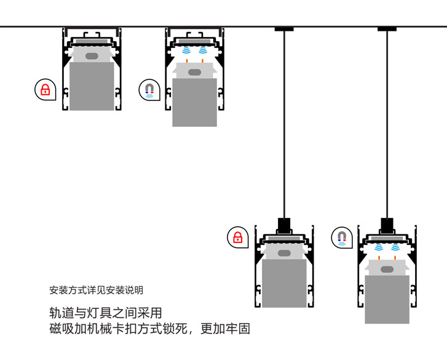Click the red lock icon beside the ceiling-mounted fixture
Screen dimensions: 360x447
pos(44,90)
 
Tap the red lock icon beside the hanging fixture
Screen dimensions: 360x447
pos(237,238)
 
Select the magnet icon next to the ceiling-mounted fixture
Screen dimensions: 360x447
pos(149,90)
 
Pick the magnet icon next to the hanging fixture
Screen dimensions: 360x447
pos(342,238)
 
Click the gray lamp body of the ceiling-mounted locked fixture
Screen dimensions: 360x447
pos(92,86)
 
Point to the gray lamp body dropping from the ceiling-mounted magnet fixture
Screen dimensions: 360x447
pos(194,102)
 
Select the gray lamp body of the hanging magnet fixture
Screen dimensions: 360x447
pos(387,298)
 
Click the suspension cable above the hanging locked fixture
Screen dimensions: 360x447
pos(284,123)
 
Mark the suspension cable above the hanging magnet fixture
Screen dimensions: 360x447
pos(387,123)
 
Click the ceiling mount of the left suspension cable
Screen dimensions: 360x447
pos(284,28)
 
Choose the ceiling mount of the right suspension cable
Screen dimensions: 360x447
pos(387,28)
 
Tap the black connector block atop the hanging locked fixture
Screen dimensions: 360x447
pos(284,225)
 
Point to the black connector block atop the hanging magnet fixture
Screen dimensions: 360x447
pos(387,225)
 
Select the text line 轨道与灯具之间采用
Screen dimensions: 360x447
pos(105,313)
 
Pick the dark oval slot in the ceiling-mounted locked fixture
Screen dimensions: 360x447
pos(92,57)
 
